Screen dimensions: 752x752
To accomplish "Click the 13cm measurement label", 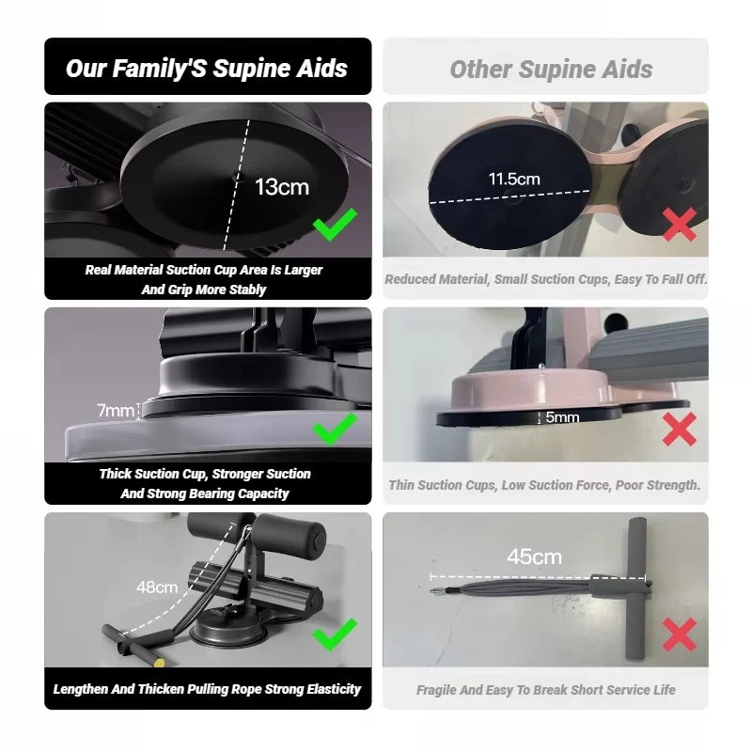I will pyautogui.click(x=281, y=186).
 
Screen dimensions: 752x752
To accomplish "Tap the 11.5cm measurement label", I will pyautogui.click(x=513, y=179).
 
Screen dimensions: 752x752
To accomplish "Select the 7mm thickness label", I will pyautogui.click(x=116, y=410).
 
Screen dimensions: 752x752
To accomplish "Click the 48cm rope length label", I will pyautogui.click(x=157, y=587).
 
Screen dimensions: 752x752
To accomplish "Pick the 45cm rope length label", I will pyautogui.click(x=534, y=556).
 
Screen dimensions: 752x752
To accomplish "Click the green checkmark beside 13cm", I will pyautogui.click(x=335, y=225).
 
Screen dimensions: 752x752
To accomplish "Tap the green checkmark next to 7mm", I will pyautogui.click(x=335, y=428).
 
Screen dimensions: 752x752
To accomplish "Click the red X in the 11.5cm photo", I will pyautogui.click(x=680, y=224).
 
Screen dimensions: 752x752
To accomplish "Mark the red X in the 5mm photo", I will pyautogui.click(x=680, y=429).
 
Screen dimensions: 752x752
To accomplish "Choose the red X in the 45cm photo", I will pyautogui.click(x=680, y=634).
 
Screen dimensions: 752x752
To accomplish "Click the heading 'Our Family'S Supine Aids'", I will pyautogui.click(x=207, y=68).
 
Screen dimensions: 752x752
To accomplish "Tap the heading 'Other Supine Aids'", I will pyautogui.click(x=551, y=69).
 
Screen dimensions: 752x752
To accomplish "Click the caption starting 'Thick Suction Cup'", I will pyautogui.click(x=205, y=483).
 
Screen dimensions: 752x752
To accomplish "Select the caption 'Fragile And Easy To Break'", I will pyautogui.click(x=545, y=690).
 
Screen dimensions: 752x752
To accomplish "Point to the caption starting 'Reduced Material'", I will pyautogui.click(x=545, y=279).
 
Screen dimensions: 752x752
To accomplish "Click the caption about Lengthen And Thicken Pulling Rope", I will pyautogui.click(x=207, y=689).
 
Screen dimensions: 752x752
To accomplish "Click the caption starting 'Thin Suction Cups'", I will pyautogui.click(x=545, y=485).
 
